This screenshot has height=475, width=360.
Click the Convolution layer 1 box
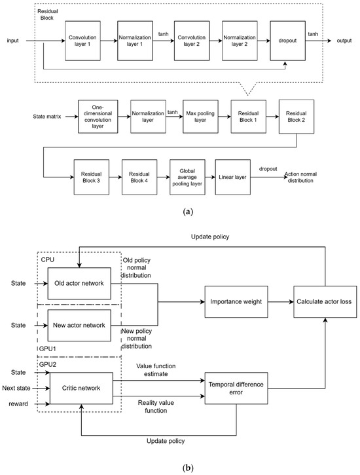click(x=83, y=40)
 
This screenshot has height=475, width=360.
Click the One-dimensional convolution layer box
click(x=98, y=117)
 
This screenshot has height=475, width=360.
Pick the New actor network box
click(x=79, y=326)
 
